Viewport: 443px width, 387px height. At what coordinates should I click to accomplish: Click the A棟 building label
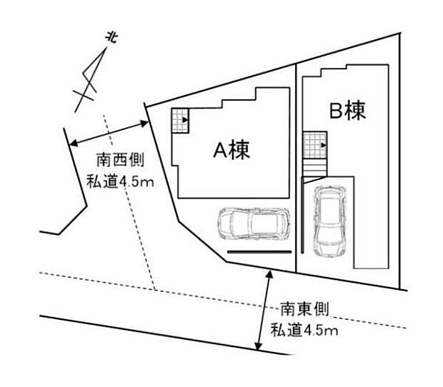click(232, 150)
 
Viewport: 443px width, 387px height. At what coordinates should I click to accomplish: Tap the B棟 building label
click(347, 111)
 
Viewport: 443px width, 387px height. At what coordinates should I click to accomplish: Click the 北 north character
click(112, 38)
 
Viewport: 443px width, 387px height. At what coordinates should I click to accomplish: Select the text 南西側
click(121, 160)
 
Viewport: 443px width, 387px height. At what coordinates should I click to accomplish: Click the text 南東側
click(304, 308)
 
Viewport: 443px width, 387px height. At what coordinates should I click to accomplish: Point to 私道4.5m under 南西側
click(120, 181)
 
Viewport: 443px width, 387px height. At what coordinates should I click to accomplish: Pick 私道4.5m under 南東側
click(304, 330)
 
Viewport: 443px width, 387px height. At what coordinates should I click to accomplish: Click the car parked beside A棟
click(254, 223)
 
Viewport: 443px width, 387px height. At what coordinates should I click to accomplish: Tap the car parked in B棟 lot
click(330, 221)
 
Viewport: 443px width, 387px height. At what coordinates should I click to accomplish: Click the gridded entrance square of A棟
click(180, 121)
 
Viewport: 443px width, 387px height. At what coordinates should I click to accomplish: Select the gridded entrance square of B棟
click(315, 145)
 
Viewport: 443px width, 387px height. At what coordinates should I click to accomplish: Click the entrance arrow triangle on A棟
click(185, 120)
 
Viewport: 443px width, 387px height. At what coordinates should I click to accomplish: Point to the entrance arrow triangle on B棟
click(324, 146)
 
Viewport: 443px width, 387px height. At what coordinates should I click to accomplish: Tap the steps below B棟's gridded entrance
click(314, 167)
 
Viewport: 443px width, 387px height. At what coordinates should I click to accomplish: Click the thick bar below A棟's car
click(259, 251)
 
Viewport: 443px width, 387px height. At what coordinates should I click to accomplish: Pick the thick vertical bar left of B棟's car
click(302, 215)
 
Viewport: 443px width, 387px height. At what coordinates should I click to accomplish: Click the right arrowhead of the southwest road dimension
click(144, 124)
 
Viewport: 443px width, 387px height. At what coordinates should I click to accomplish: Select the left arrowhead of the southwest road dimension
click(74, 143)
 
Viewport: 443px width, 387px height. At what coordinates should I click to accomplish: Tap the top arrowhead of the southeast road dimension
click(270, 274)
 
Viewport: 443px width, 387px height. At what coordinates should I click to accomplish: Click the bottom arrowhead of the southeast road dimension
click(258, 346)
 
